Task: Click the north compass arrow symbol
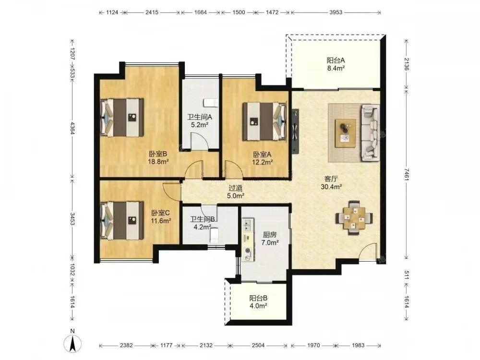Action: pos(73,343)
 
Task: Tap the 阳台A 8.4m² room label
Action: pos(336,64)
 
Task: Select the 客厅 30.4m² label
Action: pos(331,183)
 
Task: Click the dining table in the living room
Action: pos(354,217)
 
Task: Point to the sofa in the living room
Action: pos(371,132)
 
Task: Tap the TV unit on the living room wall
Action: pos(295,132)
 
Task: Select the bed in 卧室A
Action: pos(265,121)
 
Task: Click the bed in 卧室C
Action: pos(122,220)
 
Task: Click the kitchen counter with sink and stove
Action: pos(248,240)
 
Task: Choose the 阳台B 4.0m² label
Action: pos(258,301)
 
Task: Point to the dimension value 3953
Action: pos(336,12)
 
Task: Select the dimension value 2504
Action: pos(258,345)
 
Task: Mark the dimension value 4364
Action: pos(72,128)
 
